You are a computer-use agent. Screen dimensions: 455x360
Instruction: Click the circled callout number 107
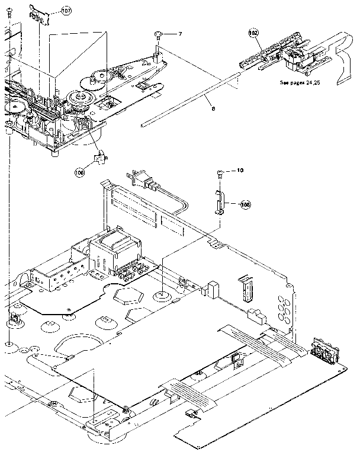click(65, 11)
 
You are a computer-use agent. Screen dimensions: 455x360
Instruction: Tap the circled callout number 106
click(80, 172)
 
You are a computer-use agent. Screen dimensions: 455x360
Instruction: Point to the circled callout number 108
click(245, 204)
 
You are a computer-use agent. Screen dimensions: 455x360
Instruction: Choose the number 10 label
click(240, 171)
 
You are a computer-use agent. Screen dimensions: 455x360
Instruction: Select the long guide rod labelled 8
click(189, 99)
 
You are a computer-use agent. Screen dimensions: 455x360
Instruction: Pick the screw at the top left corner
click(10, 28)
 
